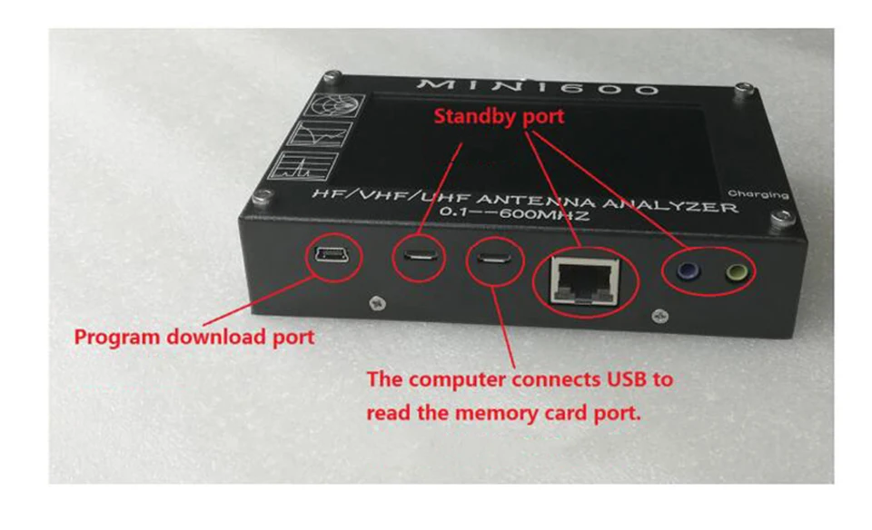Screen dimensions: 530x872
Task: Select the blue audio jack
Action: [687, 269]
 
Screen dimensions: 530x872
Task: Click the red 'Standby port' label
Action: [499, 116]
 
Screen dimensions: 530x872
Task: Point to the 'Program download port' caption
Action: [193, 337]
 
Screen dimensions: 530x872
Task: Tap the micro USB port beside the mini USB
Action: [419, 257]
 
